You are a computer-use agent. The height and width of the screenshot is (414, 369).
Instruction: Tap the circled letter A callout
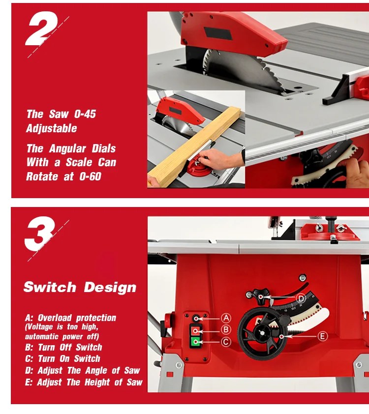click(x=226, y=318)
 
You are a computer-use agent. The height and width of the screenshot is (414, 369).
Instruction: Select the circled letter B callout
click(x=226, y=329)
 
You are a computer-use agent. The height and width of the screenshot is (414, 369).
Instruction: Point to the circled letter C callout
click(x=226, y=342)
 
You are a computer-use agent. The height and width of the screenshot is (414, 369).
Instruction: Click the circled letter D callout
click(x=301, y=297)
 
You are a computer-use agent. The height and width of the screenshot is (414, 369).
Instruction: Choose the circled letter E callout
click(x=322, y=336)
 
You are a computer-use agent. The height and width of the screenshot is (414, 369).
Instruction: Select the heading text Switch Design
click(x=80, y=287)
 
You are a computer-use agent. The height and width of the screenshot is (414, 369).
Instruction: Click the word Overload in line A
click(x=55, y=318)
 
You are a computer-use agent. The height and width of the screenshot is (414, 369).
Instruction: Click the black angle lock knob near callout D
click(x=259, y=295)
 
